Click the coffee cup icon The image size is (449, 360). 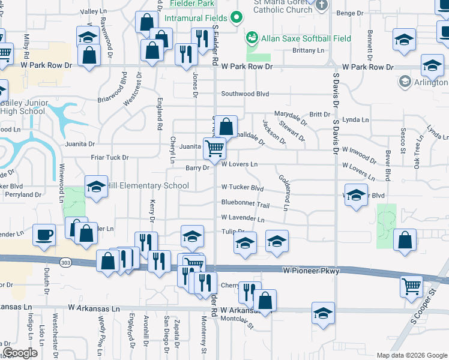coord(45,235)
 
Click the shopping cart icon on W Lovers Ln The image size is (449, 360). coord(214,148)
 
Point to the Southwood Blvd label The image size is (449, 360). coord(245,94)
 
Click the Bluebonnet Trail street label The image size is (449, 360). coord(245,204)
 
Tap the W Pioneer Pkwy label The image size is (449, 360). coord(311,271)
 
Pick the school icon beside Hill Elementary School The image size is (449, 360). coord(95,187)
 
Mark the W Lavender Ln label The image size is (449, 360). coord(243,218)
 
